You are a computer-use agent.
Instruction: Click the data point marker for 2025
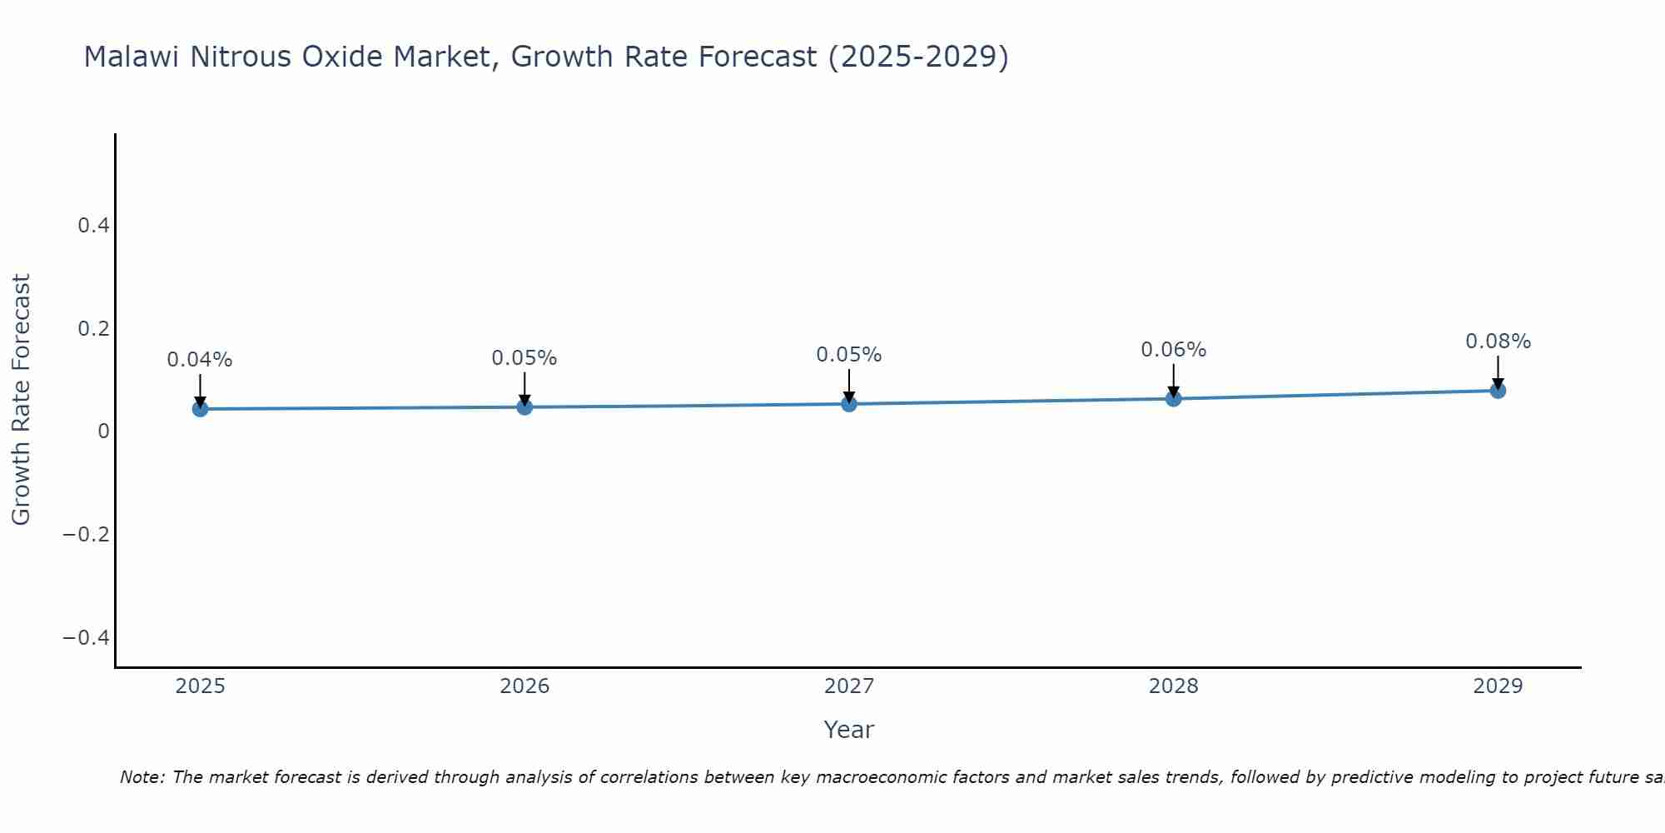[200, 409]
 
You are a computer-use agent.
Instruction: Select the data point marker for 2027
[849, 404]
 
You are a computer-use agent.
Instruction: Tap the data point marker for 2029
[1498, 391]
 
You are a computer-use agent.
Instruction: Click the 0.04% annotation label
[200, 360]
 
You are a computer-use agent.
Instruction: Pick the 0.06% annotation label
[1173, 350]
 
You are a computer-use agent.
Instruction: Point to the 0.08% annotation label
[1498, 342]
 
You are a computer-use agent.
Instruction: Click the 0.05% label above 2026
[524, 358]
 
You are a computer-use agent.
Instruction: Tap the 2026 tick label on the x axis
[524, 686]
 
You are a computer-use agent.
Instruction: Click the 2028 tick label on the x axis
[1173, 686]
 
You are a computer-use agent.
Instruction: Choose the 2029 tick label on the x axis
[1498, 686]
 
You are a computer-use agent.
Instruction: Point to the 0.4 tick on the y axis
[93, 226]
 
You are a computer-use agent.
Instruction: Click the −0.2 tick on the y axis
[87, 534]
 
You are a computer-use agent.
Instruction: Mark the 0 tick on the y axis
[103, 431]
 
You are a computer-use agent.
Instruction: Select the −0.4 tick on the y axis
[87, 637]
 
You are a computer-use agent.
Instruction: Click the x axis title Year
[848, 730]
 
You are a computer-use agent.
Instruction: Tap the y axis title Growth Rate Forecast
[21, 400]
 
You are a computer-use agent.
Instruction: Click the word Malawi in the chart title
[132, 57]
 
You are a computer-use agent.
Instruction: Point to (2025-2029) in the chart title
[918, 57]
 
